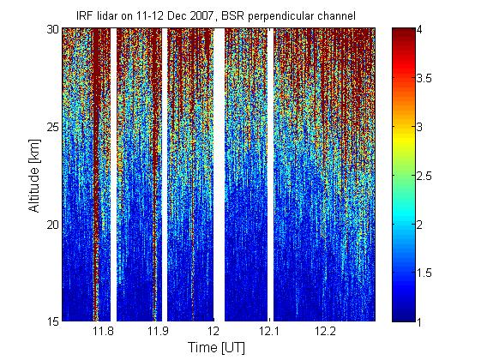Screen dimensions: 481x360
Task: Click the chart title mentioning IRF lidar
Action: point(216,16)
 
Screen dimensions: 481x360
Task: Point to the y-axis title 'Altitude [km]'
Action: point(34,176)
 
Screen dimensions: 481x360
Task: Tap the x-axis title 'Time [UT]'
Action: point(217,347)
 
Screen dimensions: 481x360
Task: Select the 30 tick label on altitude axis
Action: point(53,30)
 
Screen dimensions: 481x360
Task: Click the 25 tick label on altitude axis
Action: point(53,127)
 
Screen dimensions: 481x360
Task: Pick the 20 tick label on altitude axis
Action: point(53,225)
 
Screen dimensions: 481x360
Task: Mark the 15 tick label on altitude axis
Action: point(53,321)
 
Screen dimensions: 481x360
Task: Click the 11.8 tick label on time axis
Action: point(103,331)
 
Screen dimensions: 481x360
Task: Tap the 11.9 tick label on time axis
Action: point(158,331)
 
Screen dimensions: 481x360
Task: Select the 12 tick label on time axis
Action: point(213,331)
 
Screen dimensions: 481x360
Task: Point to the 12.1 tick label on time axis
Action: point(268,331)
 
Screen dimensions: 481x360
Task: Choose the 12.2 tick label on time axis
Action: point(324,331)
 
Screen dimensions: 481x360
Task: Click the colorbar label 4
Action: point(419,30)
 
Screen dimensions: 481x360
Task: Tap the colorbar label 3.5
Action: point(424,79)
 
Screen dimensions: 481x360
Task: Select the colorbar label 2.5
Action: point(424,176)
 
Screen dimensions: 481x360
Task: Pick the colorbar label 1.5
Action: point(424,273)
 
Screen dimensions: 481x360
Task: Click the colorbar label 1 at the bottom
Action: point(419,321)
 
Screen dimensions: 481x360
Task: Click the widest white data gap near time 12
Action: point(219,175)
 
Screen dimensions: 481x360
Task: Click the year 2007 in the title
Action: point(201,16)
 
